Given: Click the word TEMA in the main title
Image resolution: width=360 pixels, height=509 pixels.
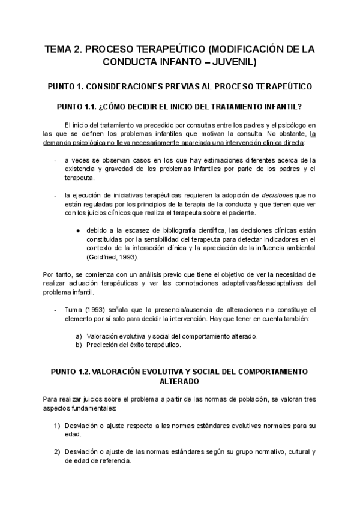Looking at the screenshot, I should pos(59,49).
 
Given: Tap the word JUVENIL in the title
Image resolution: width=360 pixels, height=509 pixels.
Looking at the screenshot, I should pos(234,61).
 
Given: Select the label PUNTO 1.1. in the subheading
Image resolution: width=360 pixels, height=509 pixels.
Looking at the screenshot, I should pos(76,107).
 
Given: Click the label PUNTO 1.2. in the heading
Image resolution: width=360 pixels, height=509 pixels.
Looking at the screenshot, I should pos(67,372).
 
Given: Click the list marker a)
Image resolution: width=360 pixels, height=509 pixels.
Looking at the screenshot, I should pos(79,336).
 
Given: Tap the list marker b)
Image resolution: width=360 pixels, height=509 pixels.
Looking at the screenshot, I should pos(79,345).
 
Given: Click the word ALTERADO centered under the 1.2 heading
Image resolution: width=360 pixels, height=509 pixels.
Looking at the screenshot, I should pos(179,381).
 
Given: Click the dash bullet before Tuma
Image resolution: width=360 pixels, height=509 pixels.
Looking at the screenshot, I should pos(56,310).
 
